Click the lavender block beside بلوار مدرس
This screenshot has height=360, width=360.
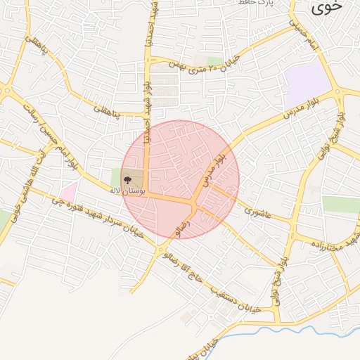pos(308,80)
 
